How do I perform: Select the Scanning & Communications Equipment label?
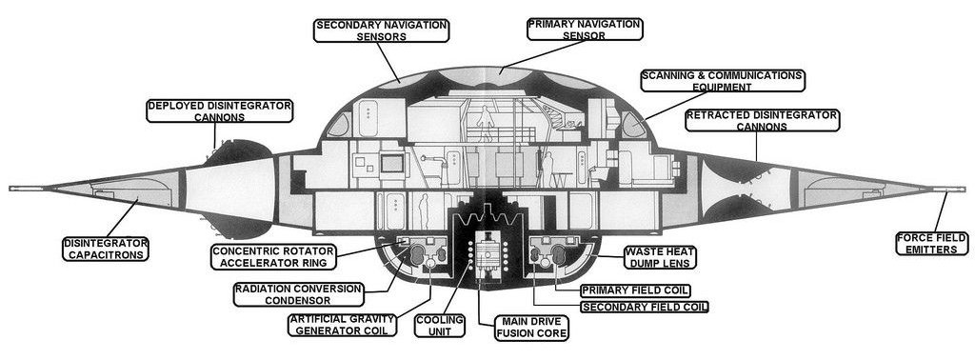(x=722, y=81)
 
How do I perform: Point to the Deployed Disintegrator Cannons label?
(x=219, y=110)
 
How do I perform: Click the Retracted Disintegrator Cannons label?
(x=762, y=121)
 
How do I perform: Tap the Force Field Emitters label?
(x=932, y=245)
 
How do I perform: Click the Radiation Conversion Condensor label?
(x=297, y=293)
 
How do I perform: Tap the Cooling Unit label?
(x=439, y=326)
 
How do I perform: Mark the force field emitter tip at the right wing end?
(x=956, y=190)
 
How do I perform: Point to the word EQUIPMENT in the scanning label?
(x=722, y=87)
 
